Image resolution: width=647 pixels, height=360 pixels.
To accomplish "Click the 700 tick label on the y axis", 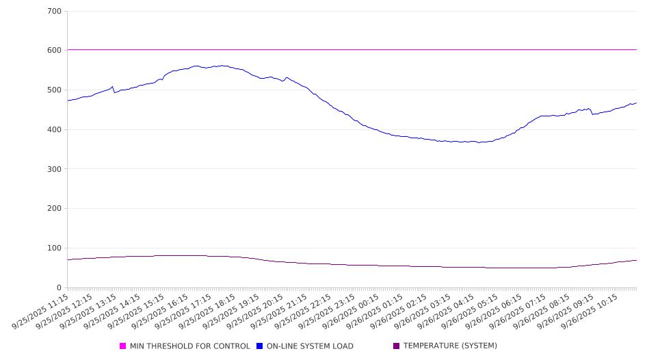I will (55, 12).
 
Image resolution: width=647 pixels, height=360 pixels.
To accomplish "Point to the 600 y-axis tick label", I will (55, 51).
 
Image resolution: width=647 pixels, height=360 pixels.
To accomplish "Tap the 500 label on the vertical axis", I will (55, 90).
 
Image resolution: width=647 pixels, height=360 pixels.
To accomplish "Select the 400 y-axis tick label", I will (55, 130).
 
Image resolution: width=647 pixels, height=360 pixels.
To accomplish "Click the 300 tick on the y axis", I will (55, 169).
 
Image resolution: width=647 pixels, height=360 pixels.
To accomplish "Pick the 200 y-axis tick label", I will (55, 209).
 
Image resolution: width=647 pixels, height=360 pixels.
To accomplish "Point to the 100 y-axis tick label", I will (55, 248).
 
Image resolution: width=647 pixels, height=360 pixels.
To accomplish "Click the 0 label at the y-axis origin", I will (60, 288).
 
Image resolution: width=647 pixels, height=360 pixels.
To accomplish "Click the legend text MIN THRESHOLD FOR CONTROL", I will (189, 346).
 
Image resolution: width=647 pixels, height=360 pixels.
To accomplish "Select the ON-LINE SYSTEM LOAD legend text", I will (310, 346).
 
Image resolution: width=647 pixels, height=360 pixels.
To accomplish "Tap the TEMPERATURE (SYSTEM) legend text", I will (450, 346).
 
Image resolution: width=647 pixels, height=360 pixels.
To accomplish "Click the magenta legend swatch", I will (123, 346).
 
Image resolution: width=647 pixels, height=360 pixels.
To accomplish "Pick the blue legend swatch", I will (260, 346).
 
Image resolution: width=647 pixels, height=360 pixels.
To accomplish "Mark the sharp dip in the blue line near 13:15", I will (114, 92).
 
